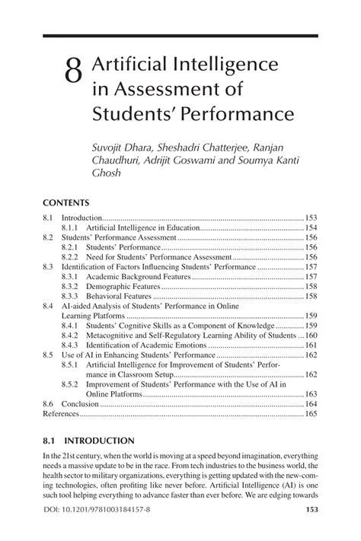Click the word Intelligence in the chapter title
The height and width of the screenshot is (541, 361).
(222, 66)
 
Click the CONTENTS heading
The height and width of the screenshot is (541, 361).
(66, 203)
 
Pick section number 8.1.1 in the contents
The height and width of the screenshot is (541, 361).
(70, 228)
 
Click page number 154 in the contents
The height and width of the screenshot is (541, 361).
(311, 228)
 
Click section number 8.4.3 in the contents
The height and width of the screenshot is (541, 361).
(70, 345)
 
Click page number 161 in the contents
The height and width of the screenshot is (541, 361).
(311, 345)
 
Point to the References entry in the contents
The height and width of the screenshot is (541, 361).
(61, 414)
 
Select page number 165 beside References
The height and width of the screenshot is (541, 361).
(311, 414)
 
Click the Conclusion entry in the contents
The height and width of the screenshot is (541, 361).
(80, 404)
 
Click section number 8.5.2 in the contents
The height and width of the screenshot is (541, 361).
(70, 384)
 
